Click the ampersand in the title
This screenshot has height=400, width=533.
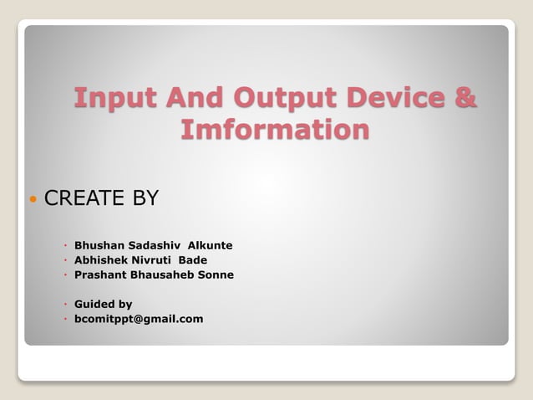(x=466, y=98)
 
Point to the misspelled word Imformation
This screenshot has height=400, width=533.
(x=275, y=130)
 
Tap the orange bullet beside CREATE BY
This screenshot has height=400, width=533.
(x=33, y=200)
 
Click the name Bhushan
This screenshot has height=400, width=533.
(x=99, y=245)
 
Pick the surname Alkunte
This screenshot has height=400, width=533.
(x=210, y=245)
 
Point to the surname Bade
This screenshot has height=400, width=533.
(x=193, y=259)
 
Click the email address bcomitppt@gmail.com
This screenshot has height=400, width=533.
(x=139, y=319)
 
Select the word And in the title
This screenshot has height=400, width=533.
(x=186, y=98)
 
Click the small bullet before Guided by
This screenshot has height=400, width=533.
(x=65, y=305)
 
